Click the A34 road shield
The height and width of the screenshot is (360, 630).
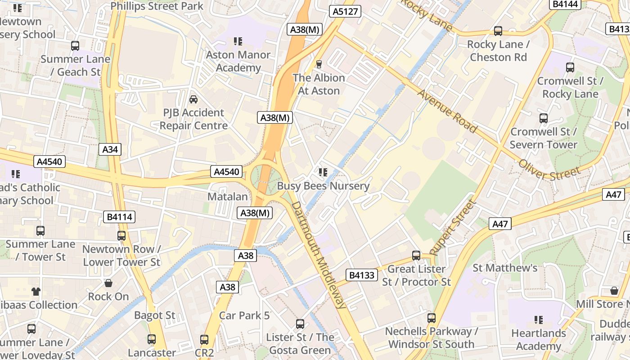coord(110,149)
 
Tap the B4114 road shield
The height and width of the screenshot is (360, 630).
coord(120,217)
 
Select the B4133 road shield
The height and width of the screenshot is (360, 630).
coord(362,275)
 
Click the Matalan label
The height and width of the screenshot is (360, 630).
coord(228,197)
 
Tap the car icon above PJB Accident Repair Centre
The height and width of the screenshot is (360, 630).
coord(193,99)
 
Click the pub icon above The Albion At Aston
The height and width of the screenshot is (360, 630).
coord(319,64)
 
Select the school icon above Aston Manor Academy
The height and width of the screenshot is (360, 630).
coord(238,42)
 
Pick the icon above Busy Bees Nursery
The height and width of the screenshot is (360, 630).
coord(323,172)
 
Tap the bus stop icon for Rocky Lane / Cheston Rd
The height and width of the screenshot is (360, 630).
coord(498,31)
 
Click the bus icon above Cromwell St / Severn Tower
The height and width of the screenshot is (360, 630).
coord(543,118)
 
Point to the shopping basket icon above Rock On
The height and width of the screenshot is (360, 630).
coord(108,283)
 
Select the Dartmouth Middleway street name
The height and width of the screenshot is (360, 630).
coord(319,255)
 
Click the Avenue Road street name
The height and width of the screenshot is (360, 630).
coord(447,111)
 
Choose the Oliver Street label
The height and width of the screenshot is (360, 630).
coord(549,167)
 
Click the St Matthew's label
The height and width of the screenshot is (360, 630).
coord(505,268)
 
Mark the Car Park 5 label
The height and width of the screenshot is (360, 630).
coord(244,315)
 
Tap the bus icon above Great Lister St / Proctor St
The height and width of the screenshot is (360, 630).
coord(416,256)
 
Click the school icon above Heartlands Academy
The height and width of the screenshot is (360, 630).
coord(538,320)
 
